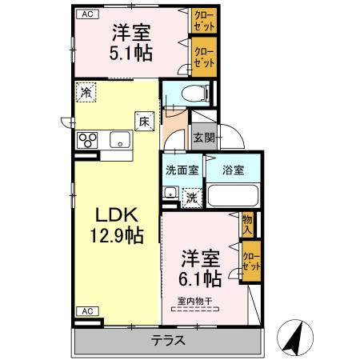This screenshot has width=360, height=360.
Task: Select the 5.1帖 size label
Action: tap(133, 54)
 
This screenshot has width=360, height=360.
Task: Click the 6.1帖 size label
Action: tap(201, 279)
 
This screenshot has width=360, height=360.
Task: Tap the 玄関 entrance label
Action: tap(203, 137)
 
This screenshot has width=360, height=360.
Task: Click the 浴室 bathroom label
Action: tap(233, 170)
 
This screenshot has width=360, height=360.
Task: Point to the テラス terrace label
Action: tap(169, 339)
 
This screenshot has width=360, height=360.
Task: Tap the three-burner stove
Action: tap(86, 141)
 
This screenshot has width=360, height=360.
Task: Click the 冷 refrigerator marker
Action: tap(86, 93)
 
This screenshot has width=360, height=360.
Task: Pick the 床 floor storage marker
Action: tap(144, 122)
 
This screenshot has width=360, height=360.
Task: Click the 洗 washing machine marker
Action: tap(191, 196)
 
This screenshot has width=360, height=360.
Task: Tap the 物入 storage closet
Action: tap(247, 225)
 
